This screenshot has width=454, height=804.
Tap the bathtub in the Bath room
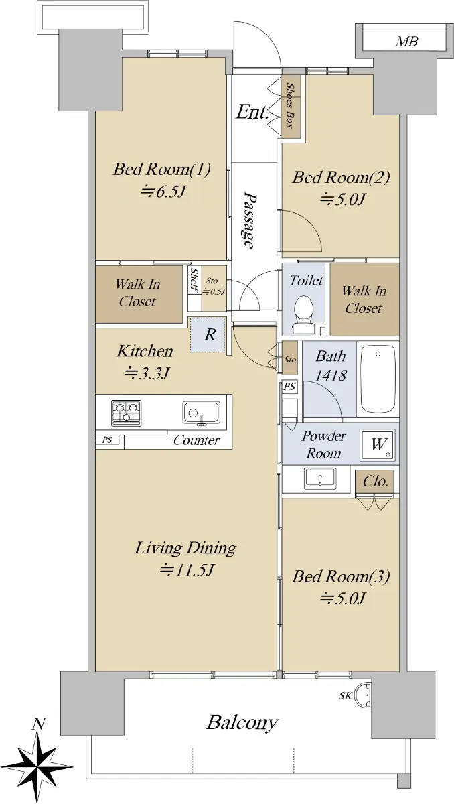(378, 379)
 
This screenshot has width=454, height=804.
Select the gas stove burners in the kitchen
(127, 413)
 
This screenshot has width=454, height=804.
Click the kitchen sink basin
(201, 413)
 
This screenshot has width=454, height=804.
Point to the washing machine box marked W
(378, 445)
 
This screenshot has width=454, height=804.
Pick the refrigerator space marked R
(209, 334)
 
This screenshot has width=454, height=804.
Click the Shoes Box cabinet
(290, 107)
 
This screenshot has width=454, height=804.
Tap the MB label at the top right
(406, 42)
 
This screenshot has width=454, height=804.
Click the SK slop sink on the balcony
(362, 695)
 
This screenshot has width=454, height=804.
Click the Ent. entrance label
(252, 112)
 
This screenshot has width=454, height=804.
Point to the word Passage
(250, 220)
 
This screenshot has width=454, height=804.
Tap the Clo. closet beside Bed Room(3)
(375, 482)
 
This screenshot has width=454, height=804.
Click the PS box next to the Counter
(107, 440)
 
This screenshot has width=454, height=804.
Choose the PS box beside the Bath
(289, 386)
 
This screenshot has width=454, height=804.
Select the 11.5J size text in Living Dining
(186, 569)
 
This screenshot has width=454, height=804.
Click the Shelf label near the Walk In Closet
(194, 280)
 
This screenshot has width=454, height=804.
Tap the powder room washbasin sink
(320, 478)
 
